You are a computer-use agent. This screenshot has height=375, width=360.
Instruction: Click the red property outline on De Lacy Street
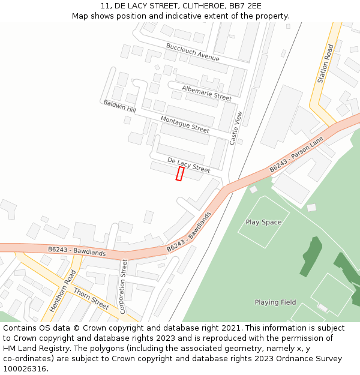coord(179,173)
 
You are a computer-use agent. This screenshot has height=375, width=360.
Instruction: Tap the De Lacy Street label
coord(189,165)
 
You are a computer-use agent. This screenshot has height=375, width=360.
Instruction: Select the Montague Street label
coord(185,125)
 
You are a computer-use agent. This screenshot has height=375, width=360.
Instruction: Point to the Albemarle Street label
coord(207,92)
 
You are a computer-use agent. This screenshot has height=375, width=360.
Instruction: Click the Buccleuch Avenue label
coord(193,52)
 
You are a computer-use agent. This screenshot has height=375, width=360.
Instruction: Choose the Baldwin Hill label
coord(119,106)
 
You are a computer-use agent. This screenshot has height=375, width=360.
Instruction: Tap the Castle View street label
coord(237,128)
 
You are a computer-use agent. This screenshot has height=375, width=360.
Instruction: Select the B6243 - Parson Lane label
coord(296,155)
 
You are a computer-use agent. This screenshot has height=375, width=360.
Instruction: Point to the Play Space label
coord(263,222)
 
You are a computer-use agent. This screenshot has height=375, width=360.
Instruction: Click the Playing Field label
coord(275,302)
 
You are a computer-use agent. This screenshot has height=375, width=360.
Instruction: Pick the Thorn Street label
coord(91,299)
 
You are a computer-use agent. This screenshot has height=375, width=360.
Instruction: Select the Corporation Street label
coord(124,286)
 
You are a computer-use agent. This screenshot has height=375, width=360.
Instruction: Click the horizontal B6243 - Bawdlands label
coord(77,251)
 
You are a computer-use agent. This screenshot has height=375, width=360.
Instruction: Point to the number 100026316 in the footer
coord(25,368)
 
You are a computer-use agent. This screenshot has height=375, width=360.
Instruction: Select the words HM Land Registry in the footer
coord(33,348)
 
